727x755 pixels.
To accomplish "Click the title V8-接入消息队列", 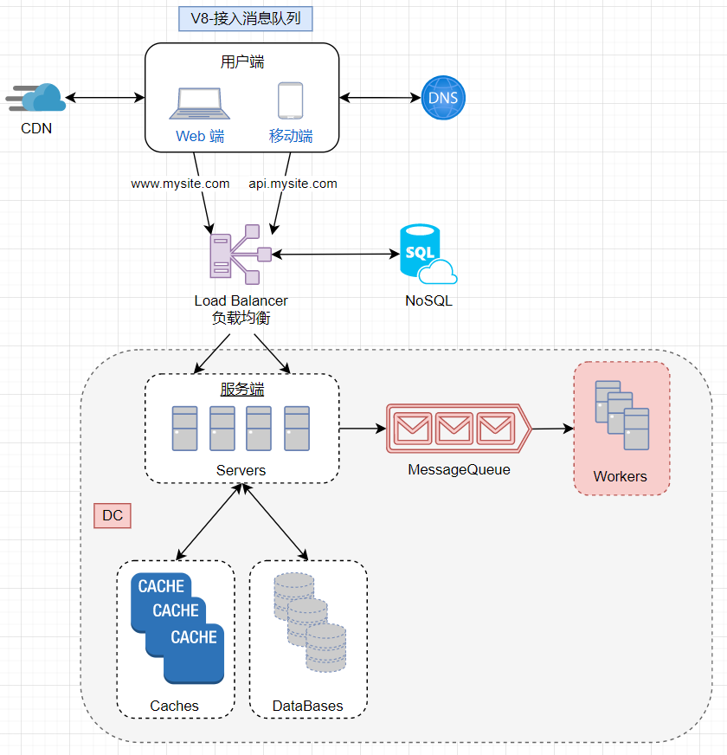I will pos(245,18).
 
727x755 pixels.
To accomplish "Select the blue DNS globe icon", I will pos(443,97).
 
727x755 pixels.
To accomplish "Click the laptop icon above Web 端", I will pos(199,103).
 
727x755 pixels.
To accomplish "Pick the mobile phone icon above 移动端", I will pos(290,100).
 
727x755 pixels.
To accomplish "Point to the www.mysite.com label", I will pos(180,184).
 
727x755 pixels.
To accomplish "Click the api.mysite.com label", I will pos(293,184).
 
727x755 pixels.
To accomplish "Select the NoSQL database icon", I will pos(427,255).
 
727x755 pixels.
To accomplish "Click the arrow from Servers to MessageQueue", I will pos(362,428).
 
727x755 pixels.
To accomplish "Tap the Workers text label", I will pos(620,476).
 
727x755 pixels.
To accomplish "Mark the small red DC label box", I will pos(112,516).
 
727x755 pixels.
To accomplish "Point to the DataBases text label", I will pos(307,706).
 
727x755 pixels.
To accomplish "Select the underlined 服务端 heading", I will pos(241,390).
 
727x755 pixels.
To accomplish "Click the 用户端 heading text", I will pos(241,61).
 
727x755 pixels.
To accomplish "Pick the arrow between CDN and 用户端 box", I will pos(105,98).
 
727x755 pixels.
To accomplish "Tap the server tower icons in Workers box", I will pos(621,415).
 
